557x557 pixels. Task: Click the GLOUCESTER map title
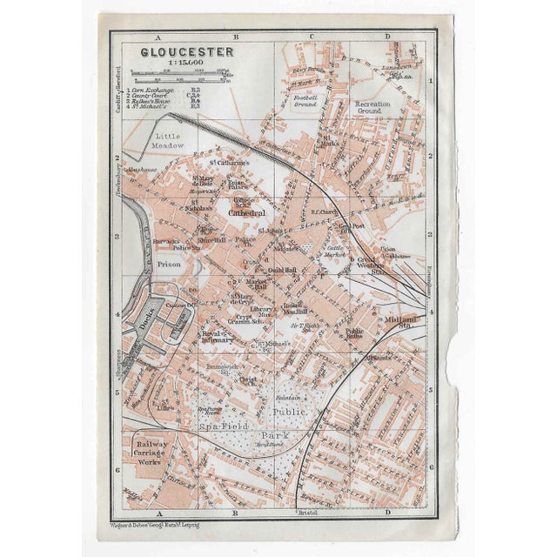[x=175, y=51]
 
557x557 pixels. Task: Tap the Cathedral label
[x=246, y=211]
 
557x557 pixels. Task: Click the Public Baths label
[x=354, y=334]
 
